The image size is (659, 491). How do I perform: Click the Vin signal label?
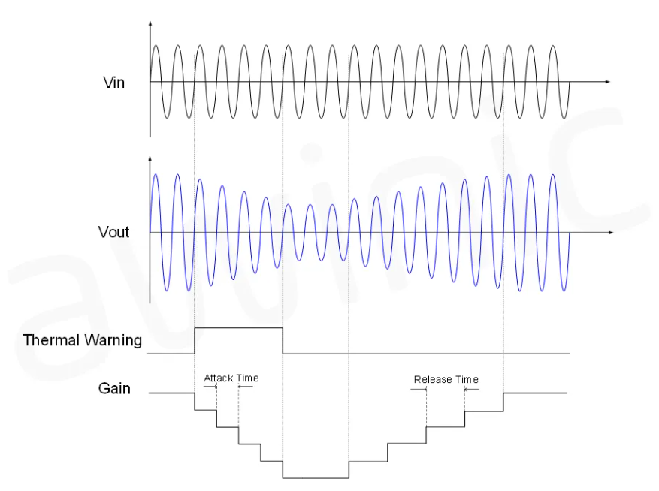[x=114, y=82]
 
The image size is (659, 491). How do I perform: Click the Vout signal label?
[x=113, y=232]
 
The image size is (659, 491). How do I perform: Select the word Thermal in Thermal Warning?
[x=51, y=340]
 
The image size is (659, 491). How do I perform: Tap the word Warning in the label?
[x=113, y=340]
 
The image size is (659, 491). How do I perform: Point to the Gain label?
[x=114, y=388]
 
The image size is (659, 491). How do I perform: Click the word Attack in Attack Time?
[x=219, y=378]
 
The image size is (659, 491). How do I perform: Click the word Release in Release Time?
[x=432, y=379]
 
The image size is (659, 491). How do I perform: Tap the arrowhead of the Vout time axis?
[x=610, y=233]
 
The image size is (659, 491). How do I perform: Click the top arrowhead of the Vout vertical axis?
[x=150, y=160]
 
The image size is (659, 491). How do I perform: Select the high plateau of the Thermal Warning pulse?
[x=238, y=328]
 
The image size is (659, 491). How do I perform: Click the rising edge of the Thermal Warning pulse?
[x=195, y=340]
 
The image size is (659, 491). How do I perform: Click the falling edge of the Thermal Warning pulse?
[x=283, y=340]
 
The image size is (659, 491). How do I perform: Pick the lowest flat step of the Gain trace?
[x=316, y=477]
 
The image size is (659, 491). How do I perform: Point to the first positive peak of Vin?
[x=156, y=47]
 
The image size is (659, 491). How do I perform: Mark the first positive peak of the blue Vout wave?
[x=156, y=175]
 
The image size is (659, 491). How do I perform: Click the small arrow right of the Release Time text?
[x=470, y=389]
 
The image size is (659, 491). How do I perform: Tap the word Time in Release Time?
[x=466, y=379]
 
